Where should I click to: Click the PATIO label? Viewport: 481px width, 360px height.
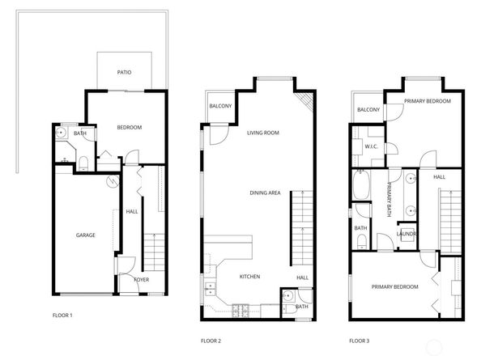pyautogui.click(x=124, y=72)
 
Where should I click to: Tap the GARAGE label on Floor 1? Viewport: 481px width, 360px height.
pyautogui.click(x=86, y=235)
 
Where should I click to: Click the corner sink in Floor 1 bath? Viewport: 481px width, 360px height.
pyautogui.click(x=61, y=133)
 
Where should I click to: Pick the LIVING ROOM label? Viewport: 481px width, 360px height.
pyautogui.click(x=263, y=133)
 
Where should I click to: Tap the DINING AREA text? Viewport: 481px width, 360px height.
pyautogui.click(x=264, y=193)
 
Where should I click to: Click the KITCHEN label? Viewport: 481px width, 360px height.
pyautogui.click(x=249, y=277)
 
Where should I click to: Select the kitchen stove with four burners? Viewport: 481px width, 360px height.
pyautogui.click(x=240, y=308)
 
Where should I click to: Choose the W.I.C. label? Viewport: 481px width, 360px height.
pyautogui.click(x=372, y=146)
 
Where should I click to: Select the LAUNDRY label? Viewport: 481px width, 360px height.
pyautogui.click(x=407, y=235)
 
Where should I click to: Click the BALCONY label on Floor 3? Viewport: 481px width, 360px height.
pyautogui.click(x=368, y=109)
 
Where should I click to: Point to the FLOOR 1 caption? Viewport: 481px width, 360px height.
pyautogui.click(x=62, y=314)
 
